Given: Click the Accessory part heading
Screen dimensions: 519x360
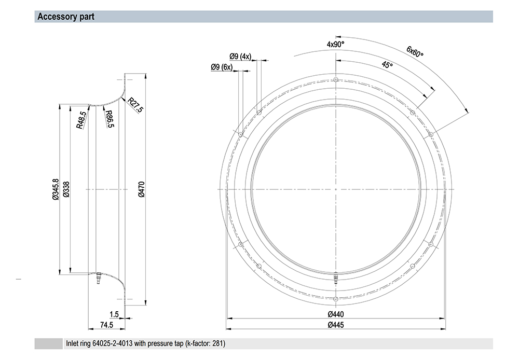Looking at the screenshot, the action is (66, 17).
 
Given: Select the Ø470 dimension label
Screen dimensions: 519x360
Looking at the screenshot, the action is (141, 189).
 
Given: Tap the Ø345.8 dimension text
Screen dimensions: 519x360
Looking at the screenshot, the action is (56, 189).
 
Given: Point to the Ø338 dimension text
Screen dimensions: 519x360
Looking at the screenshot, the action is (66, 189).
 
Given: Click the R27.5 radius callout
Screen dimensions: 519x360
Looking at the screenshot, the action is (135, 105).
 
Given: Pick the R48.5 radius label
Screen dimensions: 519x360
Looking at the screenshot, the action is (81, 120).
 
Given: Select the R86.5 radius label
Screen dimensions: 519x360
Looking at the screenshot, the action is (110, 119).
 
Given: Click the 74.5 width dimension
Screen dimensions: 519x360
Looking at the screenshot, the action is (106, 325).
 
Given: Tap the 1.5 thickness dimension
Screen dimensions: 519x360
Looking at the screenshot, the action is (114, 314).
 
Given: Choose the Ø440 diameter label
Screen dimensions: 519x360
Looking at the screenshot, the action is (336, 314).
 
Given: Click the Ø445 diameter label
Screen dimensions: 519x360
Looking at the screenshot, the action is (336, 325).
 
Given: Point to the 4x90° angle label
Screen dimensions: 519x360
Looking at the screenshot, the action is (336, 44).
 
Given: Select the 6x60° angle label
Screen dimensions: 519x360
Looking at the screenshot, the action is (415, 51).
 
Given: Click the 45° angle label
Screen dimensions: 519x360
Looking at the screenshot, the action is (387, 64).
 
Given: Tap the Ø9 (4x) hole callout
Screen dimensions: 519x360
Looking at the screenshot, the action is (240, 56).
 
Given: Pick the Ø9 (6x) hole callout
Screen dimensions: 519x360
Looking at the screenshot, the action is (222, 67).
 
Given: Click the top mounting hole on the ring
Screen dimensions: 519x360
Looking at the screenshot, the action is (336, 79).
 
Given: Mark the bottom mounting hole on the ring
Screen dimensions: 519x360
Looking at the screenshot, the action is (336, 299).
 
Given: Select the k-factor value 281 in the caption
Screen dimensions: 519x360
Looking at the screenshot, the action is (218, 343).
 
